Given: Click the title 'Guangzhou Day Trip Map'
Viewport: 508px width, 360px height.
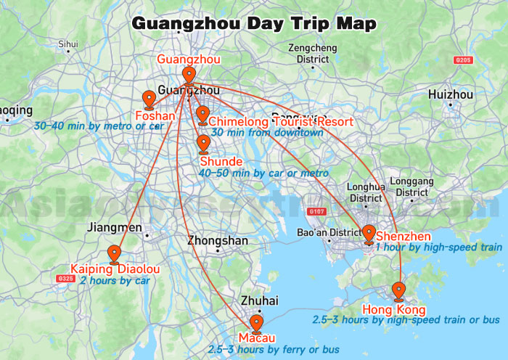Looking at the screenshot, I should click(253, 23).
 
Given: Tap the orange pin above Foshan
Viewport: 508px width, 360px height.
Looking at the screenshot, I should click(149, 99).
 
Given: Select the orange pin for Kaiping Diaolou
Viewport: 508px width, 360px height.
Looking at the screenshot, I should click(114, 253).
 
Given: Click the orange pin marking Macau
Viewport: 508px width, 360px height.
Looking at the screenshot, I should click(256, 323).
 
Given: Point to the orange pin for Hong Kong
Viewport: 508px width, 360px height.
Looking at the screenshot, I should click(398, 291).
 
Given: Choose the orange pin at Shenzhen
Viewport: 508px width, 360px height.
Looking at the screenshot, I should click(369, 234).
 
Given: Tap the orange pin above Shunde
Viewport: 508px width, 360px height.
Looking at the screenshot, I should click(203, 144).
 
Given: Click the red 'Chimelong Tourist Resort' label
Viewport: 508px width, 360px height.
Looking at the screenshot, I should click(281, 121).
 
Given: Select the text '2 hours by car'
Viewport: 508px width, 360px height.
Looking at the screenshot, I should click(115, 280).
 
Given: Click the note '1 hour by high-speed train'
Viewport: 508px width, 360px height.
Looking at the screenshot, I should click(438, 247).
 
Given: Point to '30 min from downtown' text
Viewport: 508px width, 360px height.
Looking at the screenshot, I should click(266, 133).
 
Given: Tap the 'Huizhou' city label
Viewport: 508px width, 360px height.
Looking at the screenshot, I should click(450, 94).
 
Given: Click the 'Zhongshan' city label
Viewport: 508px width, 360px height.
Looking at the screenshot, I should click(217, 240).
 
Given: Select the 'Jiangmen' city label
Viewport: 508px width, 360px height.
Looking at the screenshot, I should click(114, 227).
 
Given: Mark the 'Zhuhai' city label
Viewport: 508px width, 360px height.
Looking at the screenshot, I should click(259, 300).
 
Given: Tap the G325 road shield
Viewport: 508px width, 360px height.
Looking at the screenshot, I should click(65, 278).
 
